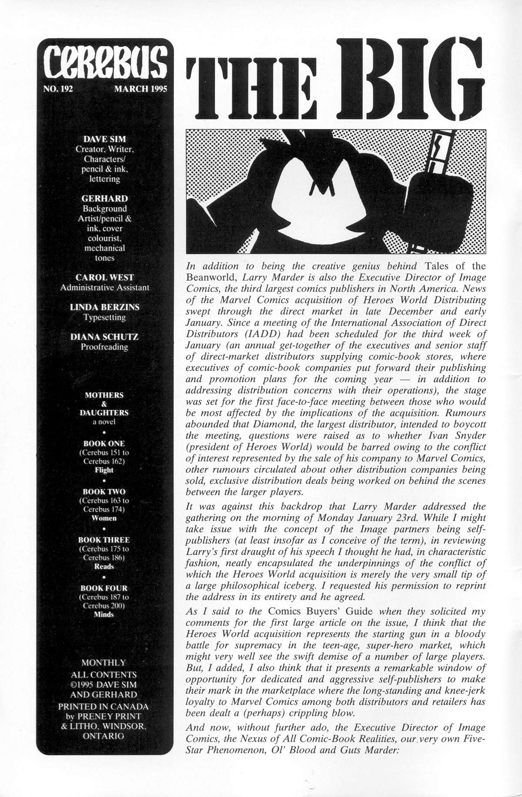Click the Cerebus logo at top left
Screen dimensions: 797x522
tap(104, 66)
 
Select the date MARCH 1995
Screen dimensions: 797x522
tap(141, 90)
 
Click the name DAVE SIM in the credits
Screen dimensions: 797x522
tap(104, 139)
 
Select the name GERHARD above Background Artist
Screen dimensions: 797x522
tap(104, 199)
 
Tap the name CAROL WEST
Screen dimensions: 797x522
tap(104, 277)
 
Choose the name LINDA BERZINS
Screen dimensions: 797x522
tap(104, 307)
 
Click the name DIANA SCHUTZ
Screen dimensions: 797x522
tap(104, 337)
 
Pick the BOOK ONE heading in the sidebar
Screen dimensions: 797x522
tap(104, 444)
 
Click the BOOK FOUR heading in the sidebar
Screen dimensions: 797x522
tap(104, 588)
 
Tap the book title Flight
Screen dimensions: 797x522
tap(104, 470)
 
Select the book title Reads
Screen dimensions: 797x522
tap(104, 566)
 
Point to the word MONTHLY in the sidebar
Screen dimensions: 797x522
tap(104, 663)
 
